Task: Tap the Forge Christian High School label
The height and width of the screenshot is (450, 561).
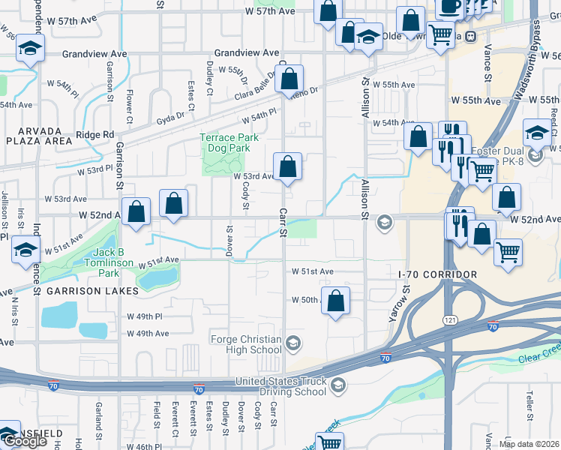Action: (x=245, y=344)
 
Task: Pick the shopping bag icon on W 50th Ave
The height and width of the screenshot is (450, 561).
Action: (x=336, y=301)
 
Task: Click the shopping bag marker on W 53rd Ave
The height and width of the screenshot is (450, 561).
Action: (x=287, y=166)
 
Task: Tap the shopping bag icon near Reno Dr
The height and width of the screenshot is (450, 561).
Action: (x=289, y=79)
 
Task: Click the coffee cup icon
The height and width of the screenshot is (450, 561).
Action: (x=450, y=6)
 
